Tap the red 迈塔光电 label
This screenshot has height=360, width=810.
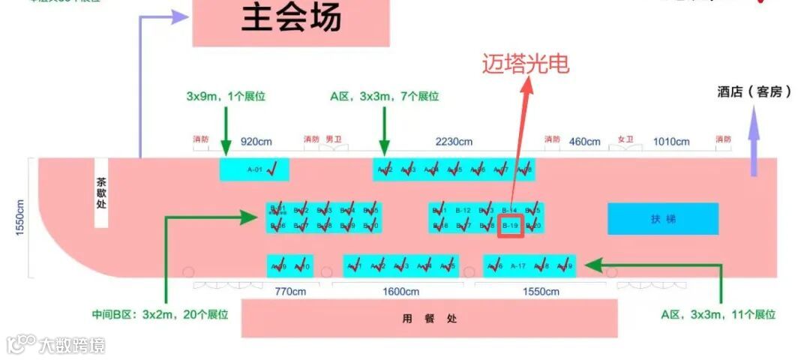pos(525,64)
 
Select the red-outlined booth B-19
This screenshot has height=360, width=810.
pos(511,225)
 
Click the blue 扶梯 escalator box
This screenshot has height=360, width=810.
pos(663,219)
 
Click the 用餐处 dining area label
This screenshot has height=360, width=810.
pos(429,319)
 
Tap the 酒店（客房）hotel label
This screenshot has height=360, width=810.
pos(754,91)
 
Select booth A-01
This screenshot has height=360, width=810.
pos(254,169)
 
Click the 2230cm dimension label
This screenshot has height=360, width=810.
pos(454,142)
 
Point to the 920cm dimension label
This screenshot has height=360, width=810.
pos(256,141)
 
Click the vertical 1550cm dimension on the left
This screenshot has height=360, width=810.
pos(20,217)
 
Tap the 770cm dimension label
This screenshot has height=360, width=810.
pos(289,291)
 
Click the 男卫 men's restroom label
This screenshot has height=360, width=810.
pos(334,139)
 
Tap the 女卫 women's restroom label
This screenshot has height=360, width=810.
pos(625,139)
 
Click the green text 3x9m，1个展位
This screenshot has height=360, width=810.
pos(226,96)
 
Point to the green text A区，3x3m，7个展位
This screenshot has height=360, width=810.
pos(384,96)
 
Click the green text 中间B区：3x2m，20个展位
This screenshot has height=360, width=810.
pos(160,314)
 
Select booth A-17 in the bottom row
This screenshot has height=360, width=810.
pos(517,265)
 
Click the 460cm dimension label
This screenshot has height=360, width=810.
pos(584,141)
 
